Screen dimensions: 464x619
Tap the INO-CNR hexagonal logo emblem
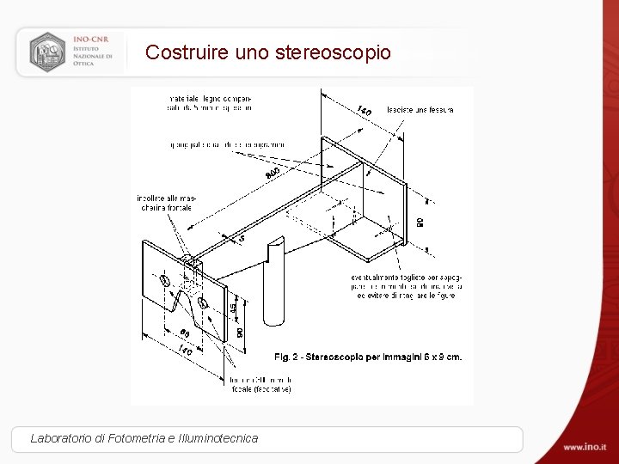[x=47, y=52]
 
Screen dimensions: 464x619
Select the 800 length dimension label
[x=273, y=174]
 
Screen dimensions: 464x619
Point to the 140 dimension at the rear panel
[x=363, y=110]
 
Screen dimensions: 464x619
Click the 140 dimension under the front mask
[x=184, y=351]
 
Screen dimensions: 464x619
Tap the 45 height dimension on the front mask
[x=232, y=307]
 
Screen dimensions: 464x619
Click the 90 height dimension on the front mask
[x=240, y=330]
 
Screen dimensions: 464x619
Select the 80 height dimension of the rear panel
[x=420, y=223]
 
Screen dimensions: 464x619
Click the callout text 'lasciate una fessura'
[x=420, y=110]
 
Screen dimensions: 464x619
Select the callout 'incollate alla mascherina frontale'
[x=164, y=203]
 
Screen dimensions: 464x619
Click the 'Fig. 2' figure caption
[x=367, y=357]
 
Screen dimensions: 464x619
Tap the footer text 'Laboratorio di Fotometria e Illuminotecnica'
[x=144, y=438]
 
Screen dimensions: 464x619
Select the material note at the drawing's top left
[x=210, y=104]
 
